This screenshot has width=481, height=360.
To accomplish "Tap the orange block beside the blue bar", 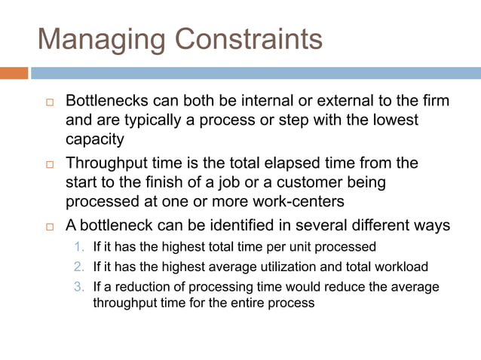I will [x=14, y=73].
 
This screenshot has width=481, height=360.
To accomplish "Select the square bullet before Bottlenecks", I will [x=51, y=102].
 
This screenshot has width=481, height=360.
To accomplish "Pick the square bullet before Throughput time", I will [x=51, y=164].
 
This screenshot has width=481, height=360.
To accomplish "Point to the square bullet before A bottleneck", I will [x=51, y=227].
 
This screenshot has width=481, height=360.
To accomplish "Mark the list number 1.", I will [x=81, y=247].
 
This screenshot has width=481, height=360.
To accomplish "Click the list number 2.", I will [x=81, y=267].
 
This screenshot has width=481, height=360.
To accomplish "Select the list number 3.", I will [x=81, y=287].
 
